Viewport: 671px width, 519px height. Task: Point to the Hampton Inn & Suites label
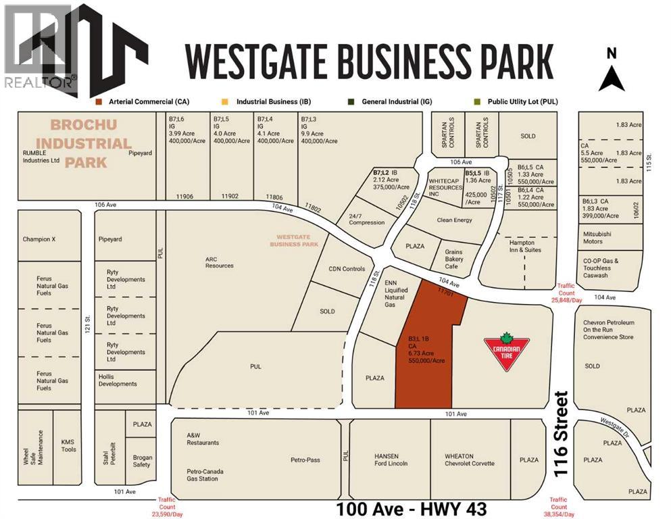pos(522,246)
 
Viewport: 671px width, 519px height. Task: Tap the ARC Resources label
pos(220,262)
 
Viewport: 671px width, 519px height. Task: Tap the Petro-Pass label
pos(305,460)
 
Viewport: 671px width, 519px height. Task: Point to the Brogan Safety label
pos(142,461)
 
